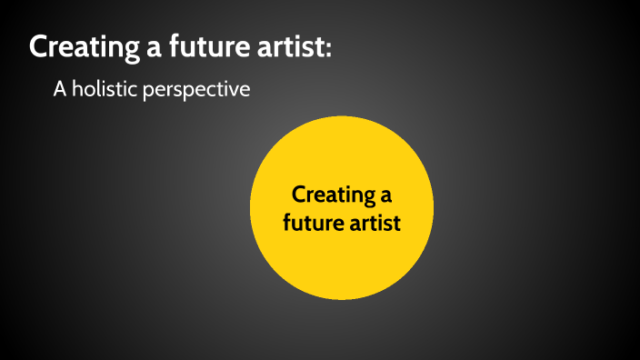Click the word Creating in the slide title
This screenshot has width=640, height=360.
(x=82, y=47)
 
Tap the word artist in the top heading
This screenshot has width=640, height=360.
(x=290, y=47)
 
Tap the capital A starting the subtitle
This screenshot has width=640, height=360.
(x=59, y=91)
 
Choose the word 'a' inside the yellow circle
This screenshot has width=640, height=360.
(x=385, y=197)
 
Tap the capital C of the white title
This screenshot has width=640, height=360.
(x=39, y=47)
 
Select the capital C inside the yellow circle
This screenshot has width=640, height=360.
(x=298, y=195)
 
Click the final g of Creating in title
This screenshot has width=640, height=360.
(x=128, y=51)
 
